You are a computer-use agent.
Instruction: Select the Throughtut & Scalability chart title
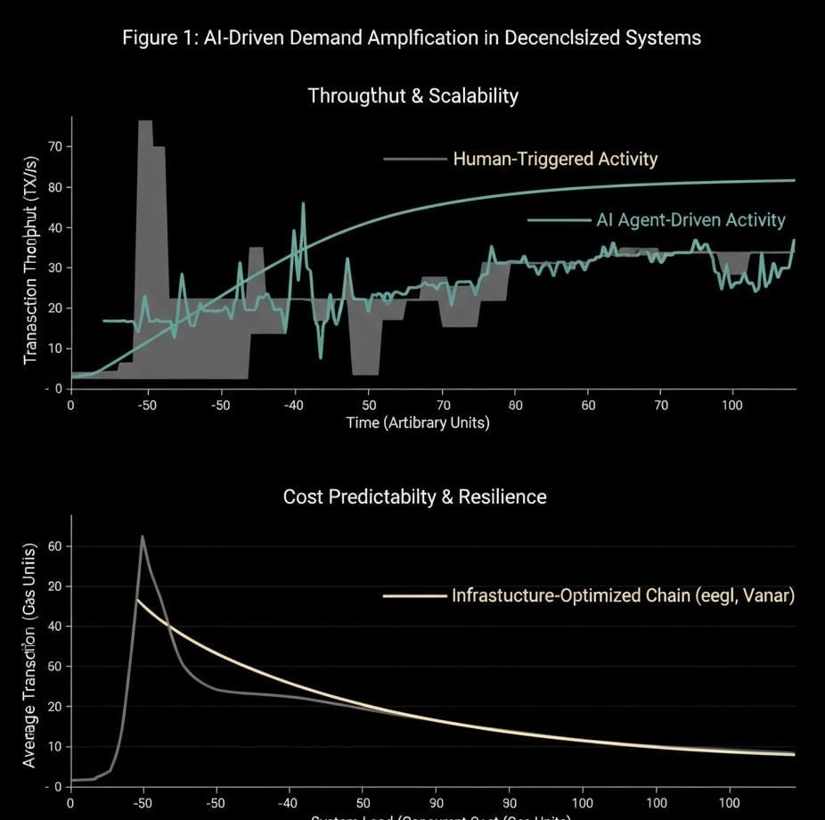412,96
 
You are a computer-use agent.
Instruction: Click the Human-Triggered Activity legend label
555,160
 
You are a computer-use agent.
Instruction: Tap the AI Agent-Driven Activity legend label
690,219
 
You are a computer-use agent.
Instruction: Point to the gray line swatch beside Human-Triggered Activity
414,160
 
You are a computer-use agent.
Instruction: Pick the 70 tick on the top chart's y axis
55,146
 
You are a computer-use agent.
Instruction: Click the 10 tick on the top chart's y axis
55,348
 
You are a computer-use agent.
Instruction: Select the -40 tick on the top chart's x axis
293,406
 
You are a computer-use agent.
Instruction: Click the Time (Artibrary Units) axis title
418,422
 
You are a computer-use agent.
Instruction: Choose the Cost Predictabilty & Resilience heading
414,496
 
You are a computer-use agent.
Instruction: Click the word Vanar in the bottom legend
766,595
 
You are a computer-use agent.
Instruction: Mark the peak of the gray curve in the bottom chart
142,537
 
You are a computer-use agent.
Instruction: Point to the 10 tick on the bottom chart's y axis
55,747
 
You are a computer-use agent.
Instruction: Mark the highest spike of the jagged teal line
303,204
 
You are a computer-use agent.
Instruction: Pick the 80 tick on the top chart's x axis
516,406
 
